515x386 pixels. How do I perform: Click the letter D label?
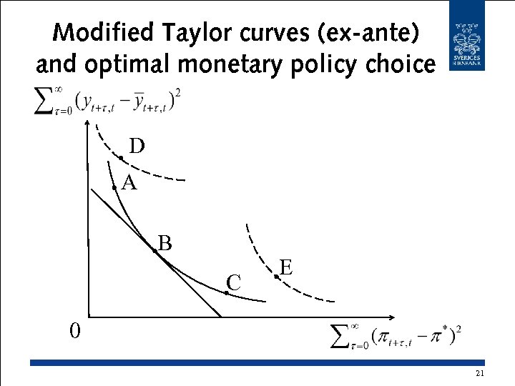pyautogui.click(x=137, y=146)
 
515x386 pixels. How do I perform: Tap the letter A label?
pyautogui.click(x=129, y=184)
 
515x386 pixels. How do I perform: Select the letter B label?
pyautogui.click(x=165, y=243)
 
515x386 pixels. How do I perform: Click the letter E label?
pyautogui.click(x=286, y=267)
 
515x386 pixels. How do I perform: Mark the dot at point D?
pyautogui.click(x=121, y=158)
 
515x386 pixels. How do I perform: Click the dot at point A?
pyautogui.click(x=114, y=187)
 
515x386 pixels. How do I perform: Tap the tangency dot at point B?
pyautogui.click(x=154, y=251)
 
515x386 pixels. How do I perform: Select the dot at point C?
pyautogui.click(x=227, y=293)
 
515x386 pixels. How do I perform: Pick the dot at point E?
pyautogui.click(x=277, y=277)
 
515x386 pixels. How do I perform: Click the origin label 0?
pyautogui.click(x=74, y=331)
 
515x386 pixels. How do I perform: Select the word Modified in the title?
pyautogui.click(x=103, y=33)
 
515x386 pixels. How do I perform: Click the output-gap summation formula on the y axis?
pyautogui.click(x=107, y=100)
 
